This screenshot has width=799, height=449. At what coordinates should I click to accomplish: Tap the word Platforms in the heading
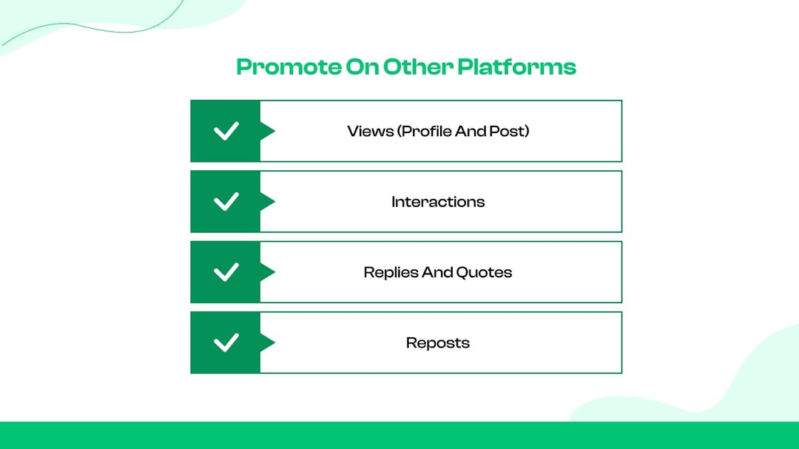[516, 67]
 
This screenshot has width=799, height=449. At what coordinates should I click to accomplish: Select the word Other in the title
[418, 67]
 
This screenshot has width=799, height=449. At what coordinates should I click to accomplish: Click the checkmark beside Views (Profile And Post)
[226, 132]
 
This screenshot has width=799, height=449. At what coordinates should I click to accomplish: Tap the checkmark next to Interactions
[226, 202]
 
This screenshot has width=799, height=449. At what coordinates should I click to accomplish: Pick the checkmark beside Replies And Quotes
[226, 272]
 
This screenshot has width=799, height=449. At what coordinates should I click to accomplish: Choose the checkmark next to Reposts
[226, 342]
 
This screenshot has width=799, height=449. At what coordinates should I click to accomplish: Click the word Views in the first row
[370, 132]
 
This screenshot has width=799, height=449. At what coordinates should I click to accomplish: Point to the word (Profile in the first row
[422, 132]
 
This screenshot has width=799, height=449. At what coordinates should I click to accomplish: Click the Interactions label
[438, 202]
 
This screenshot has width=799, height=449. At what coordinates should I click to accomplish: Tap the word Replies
[390, 272]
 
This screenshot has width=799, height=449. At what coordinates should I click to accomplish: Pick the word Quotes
[484, 272]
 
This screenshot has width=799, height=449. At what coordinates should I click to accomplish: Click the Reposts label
[438, 343]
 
